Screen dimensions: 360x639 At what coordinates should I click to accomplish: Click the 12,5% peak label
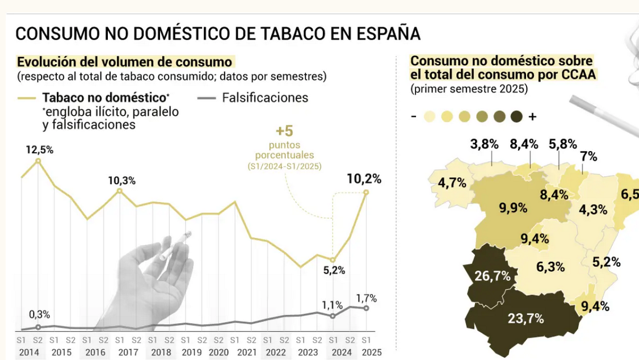tap(39, 150)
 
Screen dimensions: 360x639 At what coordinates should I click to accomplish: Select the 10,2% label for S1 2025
tap(364, 179)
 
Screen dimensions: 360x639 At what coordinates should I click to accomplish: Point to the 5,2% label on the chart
tap(334, 270)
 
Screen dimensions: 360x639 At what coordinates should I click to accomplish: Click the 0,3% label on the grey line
tap(40, 315)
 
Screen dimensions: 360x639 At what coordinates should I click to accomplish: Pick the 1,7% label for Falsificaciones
tap(366, 298)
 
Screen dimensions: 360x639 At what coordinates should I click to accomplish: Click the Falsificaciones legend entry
tap(265, 98)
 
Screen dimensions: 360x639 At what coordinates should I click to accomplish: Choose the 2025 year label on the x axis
tap(365, 353)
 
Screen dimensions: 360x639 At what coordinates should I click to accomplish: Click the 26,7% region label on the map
tap(493, 276)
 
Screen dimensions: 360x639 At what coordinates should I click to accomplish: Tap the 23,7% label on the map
tap(526, 318)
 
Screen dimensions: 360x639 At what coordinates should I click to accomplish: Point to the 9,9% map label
tap(514, 207)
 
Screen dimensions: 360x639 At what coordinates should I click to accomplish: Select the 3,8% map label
tap(484, 144)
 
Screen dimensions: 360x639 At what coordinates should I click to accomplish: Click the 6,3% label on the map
tap(550, 266)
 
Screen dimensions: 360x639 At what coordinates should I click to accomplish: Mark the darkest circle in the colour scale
tap(516, 117)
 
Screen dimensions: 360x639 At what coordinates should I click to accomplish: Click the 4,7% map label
tap(452, 183)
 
